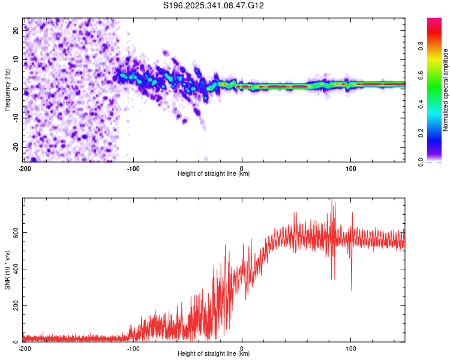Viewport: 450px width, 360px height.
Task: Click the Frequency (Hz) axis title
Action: click(x=7, y=90)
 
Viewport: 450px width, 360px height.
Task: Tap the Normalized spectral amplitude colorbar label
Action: click(x=446, y=90)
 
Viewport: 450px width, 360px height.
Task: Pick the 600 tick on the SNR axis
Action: click(x=14, y=232)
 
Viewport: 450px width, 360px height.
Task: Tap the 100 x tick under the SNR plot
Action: click(x=350, y=348)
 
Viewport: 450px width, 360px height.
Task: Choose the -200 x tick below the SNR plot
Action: click(x=25, y=348)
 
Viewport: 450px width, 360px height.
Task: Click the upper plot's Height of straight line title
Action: click(x=214, y=174)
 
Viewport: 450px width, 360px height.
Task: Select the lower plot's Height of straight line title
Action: click(x=214, y=353)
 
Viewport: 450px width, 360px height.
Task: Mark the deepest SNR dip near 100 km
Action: click(x=352, y=290)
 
